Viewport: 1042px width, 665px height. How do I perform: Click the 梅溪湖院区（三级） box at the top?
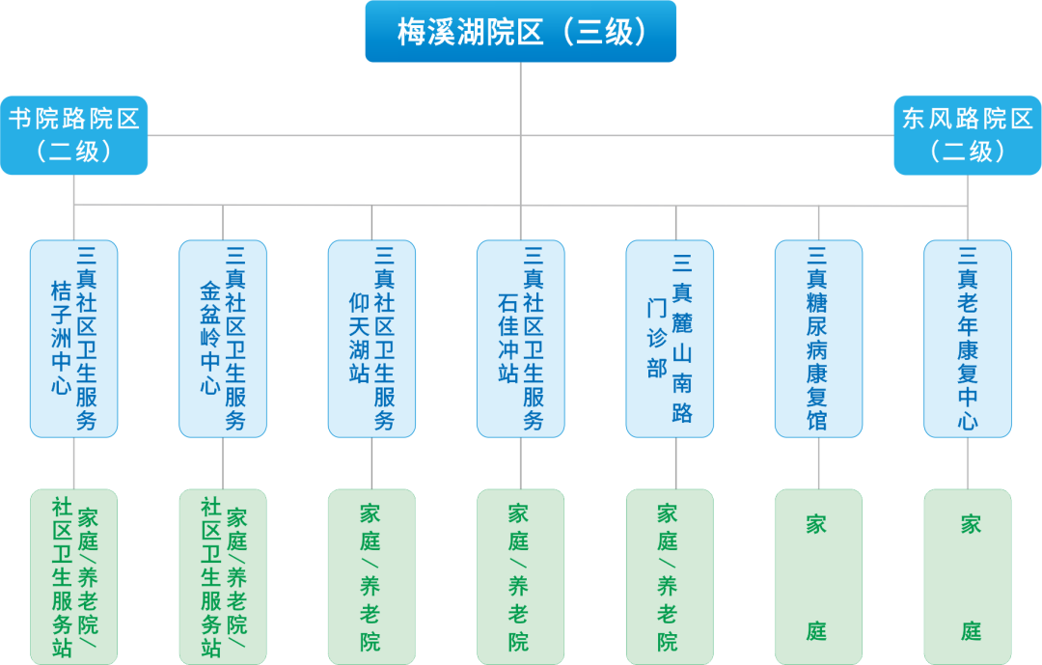[521, 32]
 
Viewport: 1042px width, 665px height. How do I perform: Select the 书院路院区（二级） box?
[74, 135]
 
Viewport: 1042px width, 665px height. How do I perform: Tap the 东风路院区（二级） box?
[967, 135]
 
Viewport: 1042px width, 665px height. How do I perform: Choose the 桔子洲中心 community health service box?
[74, 339]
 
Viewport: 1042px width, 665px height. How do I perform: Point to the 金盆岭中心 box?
[223, 339]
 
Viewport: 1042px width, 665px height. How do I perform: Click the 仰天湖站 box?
[371, 339]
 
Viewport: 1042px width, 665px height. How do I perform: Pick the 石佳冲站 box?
[521, 339]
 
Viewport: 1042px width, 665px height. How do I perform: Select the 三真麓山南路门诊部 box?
[670, 339]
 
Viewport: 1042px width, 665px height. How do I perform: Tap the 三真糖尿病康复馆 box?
[818, 339]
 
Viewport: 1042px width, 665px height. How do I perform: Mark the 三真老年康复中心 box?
[968, 339]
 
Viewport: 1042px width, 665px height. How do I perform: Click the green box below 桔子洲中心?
[74, 576]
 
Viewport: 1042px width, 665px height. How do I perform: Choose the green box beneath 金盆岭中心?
[223, 576]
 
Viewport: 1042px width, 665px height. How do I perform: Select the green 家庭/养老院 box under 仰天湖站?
[371, 576]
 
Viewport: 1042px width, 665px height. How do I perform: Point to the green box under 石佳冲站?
[521, 576]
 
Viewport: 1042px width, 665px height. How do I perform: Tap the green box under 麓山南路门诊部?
[670, 576]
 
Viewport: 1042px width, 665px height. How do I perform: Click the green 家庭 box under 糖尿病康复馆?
[818, 576]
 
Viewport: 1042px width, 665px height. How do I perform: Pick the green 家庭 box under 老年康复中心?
[968, 576]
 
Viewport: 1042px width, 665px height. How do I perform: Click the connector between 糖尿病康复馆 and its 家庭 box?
[818, 463]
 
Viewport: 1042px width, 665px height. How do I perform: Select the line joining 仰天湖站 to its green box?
[371, 463]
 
